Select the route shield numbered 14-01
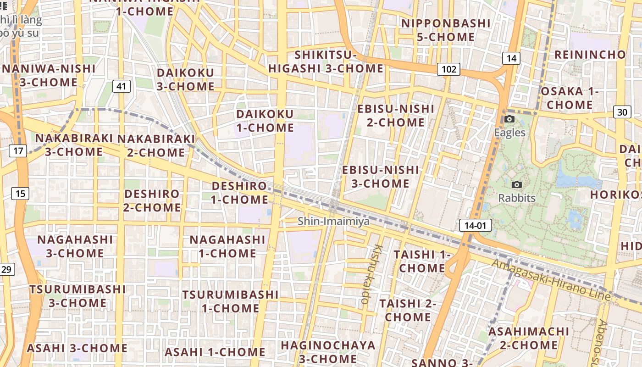475,225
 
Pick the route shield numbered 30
622,112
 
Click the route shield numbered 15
20,194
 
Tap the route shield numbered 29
6,269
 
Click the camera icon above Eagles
509,120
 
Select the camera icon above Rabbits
517,185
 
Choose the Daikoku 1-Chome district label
265,121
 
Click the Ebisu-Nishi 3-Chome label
381,177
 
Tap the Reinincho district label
590,55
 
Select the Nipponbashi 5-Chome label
446,30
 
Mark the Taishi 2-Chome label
408,310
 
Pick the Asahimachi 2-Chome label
529,338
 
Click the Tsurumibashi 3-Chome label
77,296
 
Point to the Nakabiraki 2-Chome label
156,145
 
